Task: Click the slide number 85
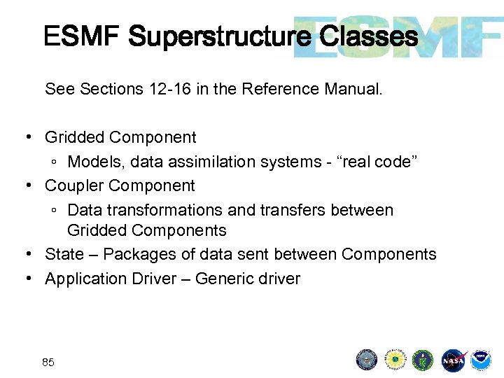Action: coord(48,362)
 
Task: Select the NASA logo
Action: coord(453,360)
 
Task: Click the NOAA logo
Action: coord(480,360)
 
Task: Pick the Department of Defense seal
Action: coord(367,360)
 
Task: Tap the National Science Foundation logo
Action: coord(395,360)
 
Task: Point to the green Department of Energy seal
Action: coord(423,360)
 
